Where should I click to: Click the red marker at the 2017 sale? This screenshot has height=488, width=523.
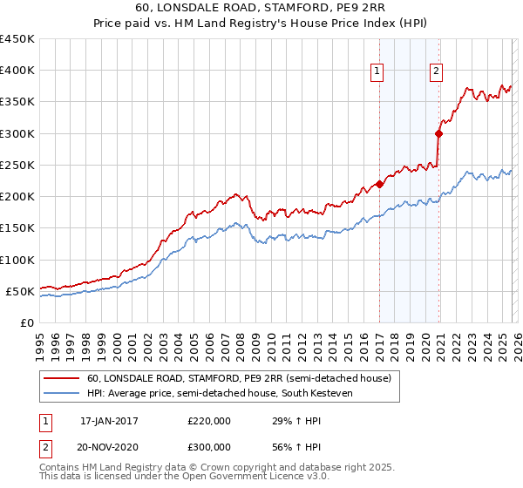[379, 184]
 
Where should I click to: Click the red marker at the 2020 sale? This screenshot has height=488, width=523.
[438, 133]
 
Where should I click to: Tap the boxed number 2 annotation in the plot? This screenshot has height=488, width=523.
[435, 72]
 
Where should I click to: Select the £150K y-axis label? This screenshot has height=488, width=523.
[17, 228]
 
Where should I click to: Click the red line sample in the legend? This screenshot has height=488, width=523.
[62, 378]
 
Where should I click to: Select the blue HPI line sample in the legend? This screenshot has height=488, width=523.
[62, 394]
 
